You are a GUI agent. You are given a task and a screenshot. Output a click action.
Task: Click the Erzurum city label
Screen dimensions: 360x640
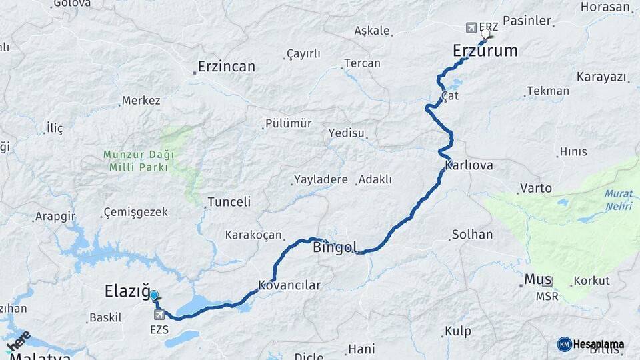pyautogui.click(x=485, y=51)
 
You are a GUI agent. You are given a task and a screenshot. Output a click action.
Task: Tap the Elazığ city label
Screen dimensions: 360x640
pyautogui.click(x=126, y=291)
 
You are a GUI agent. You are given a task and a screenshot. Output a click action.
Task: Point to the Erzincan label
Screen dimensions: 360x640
pyautogui.click(x=227, y=67)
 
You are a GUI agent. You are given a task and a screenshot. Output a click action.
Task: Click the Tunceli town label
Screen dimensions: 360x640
pyautogui.click(x=229, y=201)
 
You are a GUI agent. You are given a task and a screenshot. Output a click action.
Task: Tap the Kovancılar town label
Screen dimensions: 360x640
pyautogui.click(x=290, y=285)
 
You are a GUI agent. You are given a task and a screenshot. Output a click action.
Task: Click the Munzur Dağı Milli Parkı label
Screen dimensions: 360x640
pyautogui.click(x=138, y=161)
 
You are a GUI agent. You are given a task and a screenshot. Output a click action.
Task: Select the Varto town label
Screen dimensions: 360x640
pyautogui.click(x=536, y=188)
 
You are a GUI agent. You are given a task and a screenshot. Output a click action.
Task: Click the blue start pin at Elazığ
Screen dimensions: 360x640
pyautogui.click(x=154, y=295)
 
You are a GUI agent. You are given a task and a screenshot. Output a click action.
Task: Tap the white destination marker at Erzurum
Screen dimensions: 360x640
pyautogui.click(x=485, y=33)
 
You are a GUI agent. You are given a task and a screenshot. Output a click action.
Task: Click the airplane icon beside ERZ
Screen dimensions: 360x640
pyautogui.click(x=471, y=28)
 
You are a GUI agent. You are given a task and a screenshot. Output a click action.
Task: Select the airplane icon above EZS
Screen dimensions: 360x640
pyautogui.click(x=159, y=315)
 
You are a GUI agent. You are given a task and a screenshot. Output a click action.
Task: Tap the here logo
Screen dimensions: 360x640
pyautogui.click(x=19, y=339)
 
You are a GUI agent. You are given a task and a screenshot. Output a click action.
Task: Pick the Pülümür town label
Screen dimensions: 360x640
pyautogui.click(x=288, y=123)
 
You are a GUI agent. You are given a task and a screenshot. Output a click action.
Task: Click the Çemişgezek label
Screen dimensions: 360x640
pyautogui.click(x=135, y=213)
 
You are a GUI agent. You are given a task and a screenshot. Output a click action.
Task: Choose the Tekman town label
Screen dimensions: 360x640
pyautogui.click(x=548, y=91)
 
